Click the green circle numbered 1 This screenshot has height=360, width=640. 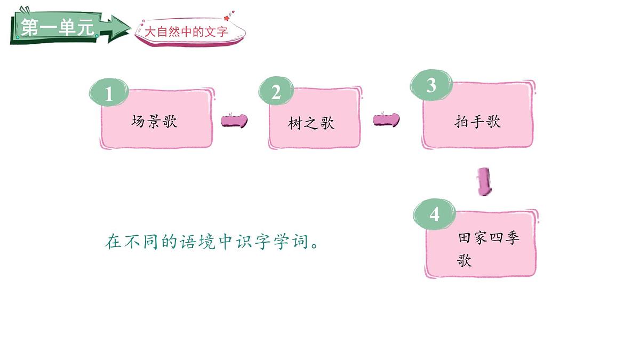pyautogui.click(x=109, y=94)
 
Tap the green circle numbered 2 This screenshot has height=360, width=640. pyautogui.click(x=276, y=93)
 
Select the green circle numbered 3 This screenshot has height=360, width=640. pyautogui.click(x=431, y=86)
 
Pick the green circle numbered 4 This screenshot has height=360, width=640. pyautogui.click(x=435, y=214)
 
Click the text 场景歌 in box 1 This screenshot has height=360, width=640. pyautogui.click(x=154, y=122)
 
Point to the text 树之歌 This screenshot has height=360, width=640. pyautogui.click(x=311, y=124)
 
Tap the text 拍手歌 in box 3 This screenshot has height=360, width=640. pyautogui.click(x=477, y=122)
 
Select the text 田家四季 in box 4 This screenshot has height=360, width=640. pyautogui.click(x=489, y=238)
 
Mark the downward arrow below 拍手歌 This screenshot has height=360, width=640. pyautogui.click(x=484, y=182)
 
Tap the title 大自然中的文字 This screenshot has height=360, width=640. pyautogui.click(x=187, y=32)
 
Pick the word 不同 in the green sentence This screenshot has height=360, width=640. pyautogui.click(x=139, y=242)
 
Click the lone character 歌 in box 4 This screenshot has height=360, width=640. pyautogui.click(x=465, y=261)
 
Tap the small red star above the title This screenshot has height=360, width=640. pyautogui.click(x=226, y=18)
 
